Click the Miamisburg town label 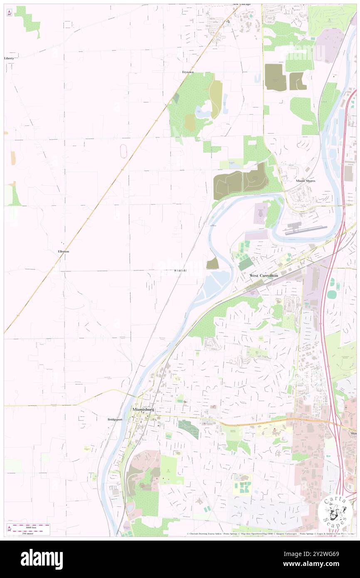coord(143,409)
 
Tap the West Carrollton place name coord(263,275)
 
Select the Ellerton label coord(64,252)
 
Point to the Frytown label coord(188,72)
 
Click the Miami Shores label coord(305,181)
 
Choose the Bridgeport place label coord(115,420)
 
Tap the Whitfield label coord(180,271)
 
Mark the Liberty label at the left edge coord(9,58)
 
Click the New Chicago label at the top coord(242,4)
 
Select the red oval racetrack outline coord(123,151)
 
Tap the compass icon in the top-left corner coord(9,13)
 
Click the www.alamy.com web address coord(320,564)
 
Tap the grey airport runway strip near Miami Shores coord(305,229)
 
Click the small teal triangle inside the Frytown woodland coord(176,99)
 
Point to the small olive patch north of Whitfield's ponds coord(212,263)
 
